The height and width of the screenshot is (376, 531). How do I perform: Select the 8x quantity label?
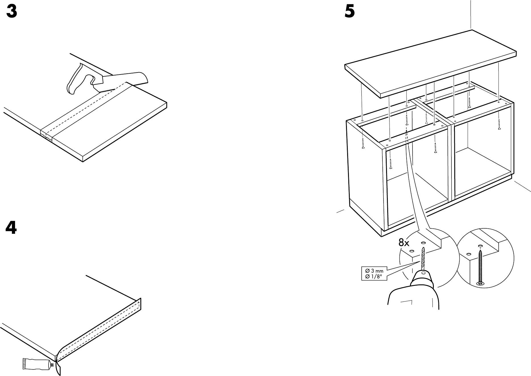click(x=403, y=243)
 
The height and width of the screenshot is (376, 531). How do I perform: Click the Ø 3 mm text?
click(x=374, y=271)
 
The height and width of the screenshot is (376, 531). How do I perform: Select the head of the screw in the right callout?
click(x=480, y=283)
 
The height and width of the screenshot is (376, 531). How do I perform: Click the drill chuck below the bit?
click(x=423, y=275)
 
